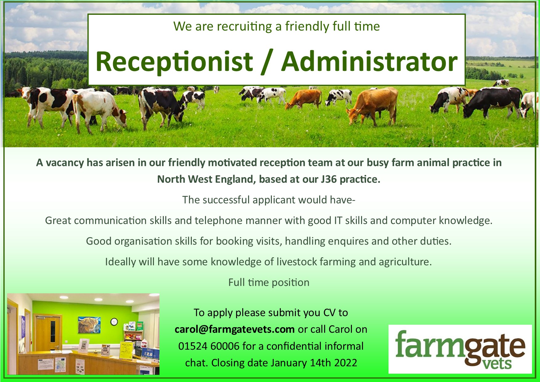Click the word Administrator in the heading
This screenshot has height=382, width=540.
coord(369,61)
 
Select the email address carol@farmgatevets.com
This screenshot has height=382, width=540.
coord(235,329)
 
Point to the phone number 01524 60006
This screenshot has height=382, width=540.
coord(209,346)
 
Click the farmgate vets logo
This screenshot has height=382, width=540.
coord(460,349)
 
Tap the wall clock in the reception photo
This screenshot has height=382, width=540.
coord(114,322)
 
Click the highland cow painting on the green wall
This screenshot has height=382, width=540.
coord(89,325)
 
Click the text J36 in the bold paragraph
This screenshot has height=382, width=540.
coord(328,179)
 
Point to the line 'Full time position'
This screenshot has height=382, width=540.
coord(269,282)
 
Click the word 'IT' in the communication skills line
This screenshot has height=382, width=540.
coord(338,221)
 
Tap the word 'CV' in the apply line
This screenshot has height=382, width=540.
coord(329,313)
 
